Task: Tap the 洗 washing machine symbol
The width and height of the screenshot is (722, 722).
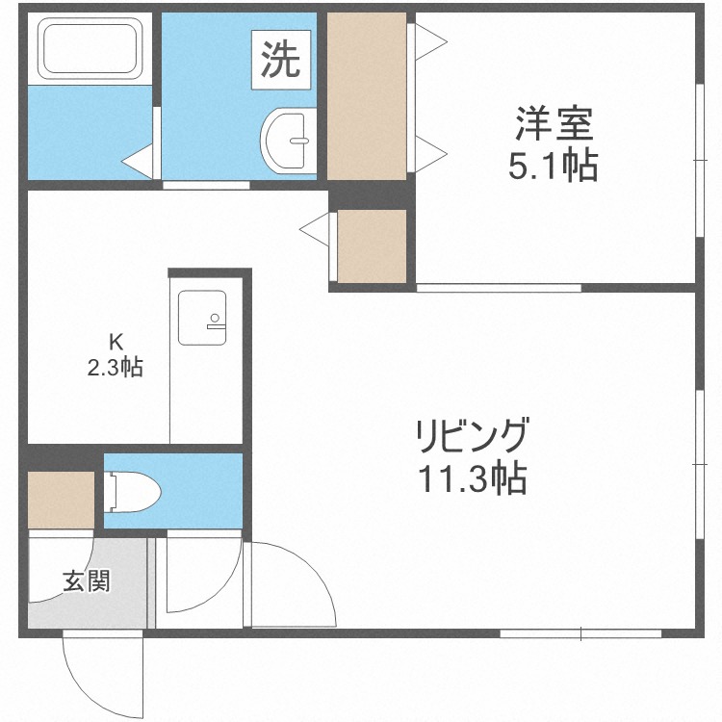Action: point(281,60)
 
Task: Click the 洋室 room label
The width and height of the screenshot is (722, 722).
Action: point(553,125)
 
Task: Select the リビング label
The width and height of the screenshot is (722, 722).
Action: point(472,435)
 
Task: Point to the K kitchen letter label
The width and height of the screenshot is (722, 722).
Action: point(116,341)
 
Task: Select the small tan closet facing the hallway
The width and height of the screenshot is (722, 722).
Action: point(373,245)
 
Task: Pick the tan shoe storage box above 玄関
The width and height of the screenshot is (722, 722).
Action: point(61,501)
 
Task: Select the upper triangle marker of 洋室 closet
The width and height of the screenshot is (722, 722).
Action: point(429,39)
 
